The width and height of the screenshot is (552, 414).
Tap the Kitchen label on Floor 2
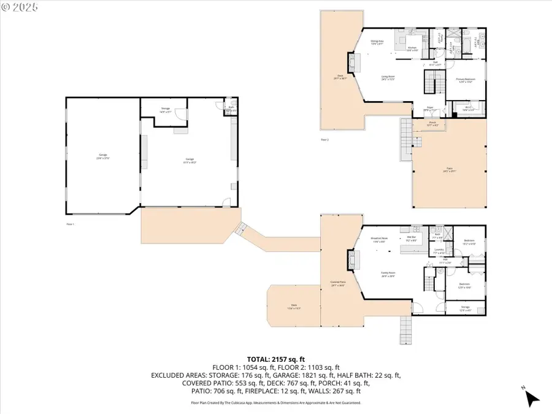413,48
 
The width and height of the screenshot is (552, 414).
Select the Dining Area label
377,42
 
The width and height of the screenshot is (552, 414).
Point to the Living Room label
388,78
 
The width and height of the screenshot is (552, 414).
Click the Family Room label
388,276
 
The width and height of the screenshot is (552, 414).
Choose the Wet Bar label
412,239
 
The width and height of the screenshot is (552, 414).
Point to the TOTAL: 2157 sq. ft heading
275,359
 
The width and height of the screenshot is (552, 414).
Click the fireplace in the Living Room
351,63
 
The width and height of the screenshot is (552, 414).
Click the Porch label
432,123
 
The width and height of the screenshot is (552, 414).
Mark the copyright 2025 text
20,7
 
